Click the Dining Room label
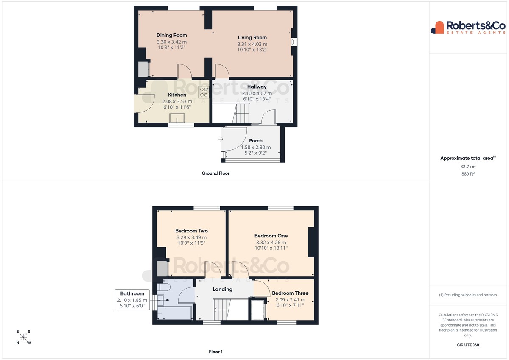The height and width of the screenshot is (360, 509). (x=171, y=35)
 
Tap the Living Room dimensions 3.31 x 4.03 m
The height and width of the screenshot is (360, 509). (x=252, y=44)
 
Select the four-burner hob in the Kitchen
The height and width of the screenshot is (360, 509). (x=204, y=92)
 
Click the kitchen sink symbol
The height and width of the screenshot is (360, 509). (x=177, y=118)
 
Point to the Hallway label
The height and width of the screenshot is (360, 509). (x=257, y=87)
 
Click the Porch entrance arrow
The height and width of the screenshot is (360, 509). (x=221, y=139)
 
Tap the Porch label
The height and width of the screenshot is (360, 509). (x=256, y=141)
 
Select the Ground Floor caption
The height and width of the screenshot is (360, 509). (x=215, y=173)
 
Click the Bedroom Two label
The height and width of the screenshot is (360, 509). (x=191, y=231)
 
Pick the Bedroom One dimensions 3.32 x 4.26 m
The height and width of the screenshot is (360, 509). (x=271, y=243)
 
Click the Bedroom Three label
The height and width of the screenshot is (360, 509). (x=290, y=293)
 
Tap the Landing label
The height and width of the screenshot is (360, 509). (x=222, y=289)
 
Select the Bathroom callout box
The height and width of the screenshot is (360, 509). (x=132, y=300)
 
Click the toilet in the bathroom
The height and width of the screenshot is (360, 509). (x=164, y=287)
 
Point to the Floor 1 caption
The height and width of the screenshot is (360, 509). (x=215, y=352)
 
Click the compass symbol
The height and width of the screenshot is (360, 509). (x=23, y=337)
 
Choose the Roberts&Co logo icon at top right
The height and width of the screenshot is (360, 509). (x=437, y=28)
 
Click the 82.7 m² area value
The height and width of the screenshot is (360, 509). (x=468, y=167)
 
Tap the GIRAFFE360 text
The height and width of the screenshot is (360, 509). (x=468, y=345)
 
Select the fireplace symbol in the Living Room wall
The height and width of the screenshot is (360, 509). (x=294, y=42)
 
